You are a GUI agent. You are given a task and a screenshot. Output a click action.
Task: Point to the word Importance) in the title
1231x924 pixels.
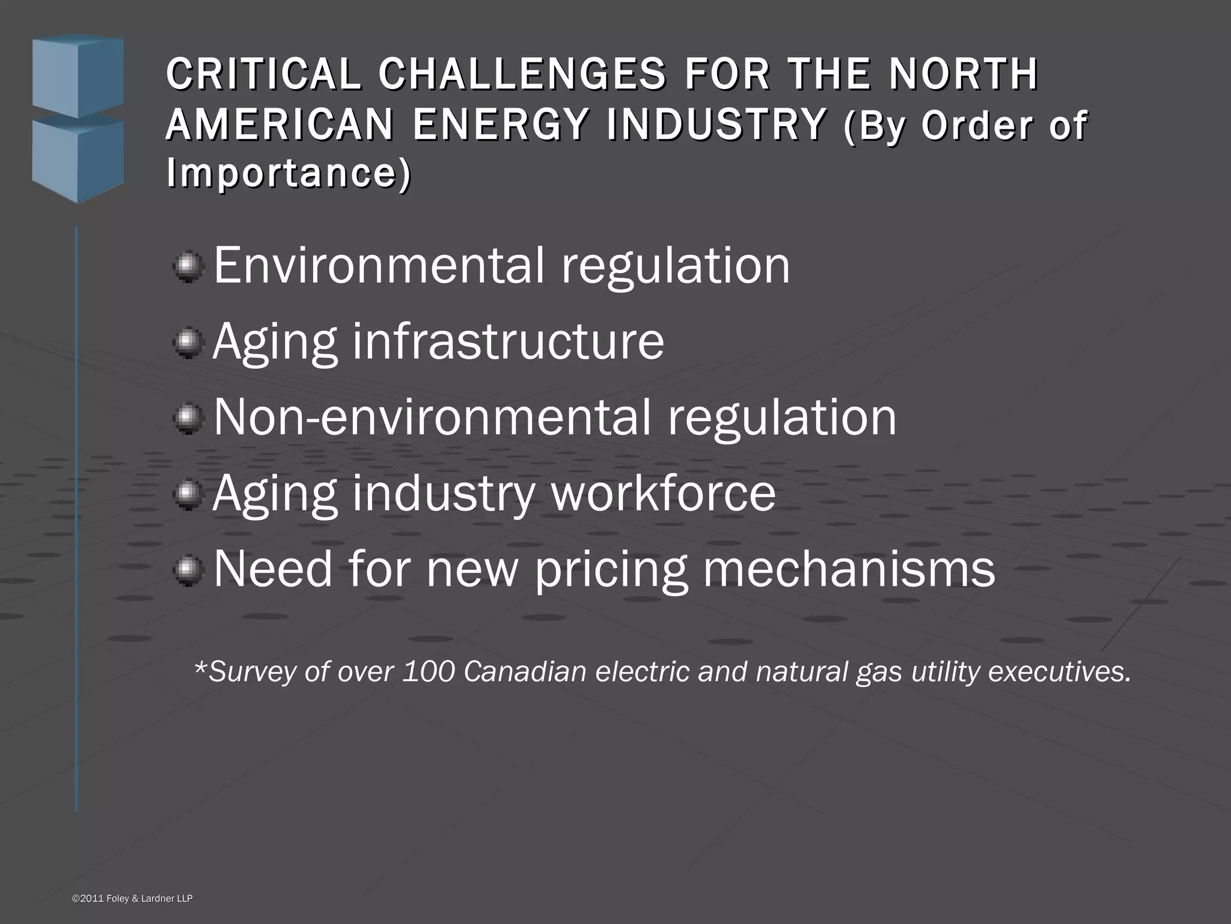tap(289, 173)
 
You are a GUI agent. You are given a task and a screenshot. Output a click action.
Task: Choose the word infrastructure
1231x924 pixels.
tap(508, 342)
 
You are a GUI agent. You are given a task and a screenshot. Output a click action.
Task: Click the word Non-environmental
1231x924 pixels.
tap(432, 417)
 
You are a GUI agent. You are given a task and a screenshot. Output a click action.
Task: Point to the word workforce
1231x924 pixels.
tap(663, 493)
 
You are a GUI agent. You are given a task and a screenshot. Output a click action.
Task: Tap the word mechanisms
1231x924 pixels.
tap(849, 569)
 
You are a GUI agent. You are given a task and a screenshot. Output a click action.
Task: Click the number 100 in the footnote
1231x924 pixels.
tap(429, 672)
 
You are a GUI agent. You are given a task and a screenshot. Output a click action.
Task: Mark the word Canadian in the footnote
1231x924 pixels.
tap(525, 672)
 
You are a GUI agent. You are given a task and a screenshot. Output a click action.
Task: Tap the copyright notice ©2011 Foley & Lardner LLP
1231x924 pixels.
tap(132, 899)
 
